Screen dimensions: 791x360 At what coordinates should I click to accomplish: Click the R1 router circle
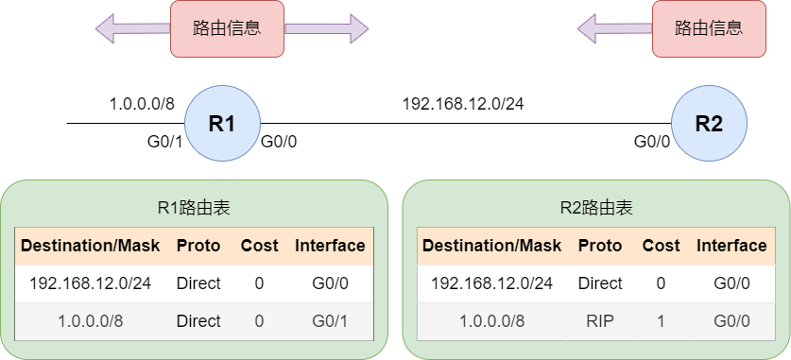[222, 123]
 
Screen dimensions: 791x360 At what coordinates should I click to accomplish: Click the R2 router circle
[710, 123]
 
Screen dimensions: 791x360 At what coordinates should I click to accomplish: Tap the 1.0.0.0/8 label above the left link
[142, 104]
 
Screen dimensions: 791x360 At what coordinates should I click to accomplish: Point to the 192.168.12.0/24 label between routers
[462, 104]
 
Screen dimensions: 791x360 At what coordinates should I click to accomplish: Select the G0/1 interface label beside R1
[164, 142]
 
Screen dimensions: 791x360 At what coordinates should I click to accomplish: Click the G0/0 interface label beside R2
[652, 142]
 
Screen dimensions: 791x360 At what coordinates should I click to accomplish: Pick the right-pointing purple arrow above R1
[327, 28]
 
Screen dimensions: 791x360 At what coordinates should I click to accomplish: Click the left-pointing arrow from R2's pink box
[615, 28]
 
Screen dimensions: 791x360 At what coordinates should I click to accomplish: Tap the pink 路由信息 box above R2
[709, 28]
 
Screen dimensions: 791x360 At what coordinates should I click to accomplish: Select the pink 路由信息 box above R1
[227, 28]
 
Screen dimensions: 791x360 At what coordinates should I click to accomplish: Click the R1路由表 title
[195, 208]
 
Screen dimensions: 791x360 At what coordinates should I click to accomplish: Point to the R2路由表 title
[596, 208]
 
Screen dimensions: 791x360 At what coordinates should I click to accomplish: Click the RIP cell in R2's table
[600, 320]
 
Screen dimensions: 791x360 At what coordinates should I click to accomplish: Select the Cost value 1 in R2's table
[661, 320]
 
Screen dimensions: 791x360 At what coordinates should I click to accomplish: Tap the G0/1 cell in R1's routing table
[330, 320]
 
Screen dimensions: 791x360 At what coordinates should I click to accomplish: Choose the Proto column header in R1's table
[198, 246]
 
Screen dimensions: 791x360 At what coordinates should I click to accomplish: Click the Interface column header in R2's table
[731, 246]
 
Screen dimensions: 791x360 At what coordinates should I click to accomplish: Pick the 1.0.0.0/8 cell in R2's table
[491, 320]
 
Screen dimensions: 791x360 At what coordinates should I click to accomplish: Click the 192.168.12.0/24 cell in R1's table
[91, 283]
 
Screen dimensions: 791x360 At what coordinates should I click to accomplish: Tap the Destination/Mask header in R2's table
[491, 246]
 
